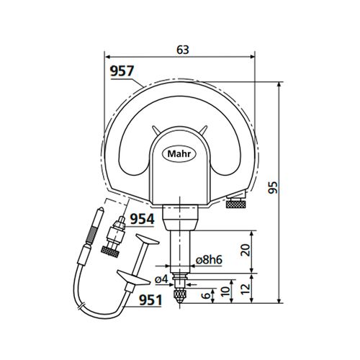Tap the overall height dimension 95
pyautogui.click(x=289, y=189)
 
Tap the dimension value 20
pyautogui.click(x=246, y=250)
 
